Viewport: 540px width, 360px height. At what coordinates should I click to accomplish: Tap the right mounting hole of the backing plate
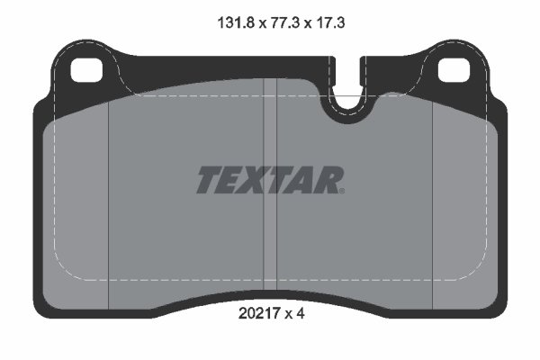click(453, 68)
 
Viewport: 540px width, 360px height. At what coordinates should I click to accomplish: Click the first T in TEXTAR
click(210, 180)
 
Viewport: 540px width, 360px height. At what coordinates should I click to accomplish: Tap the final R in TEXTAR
click(328, 180)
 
